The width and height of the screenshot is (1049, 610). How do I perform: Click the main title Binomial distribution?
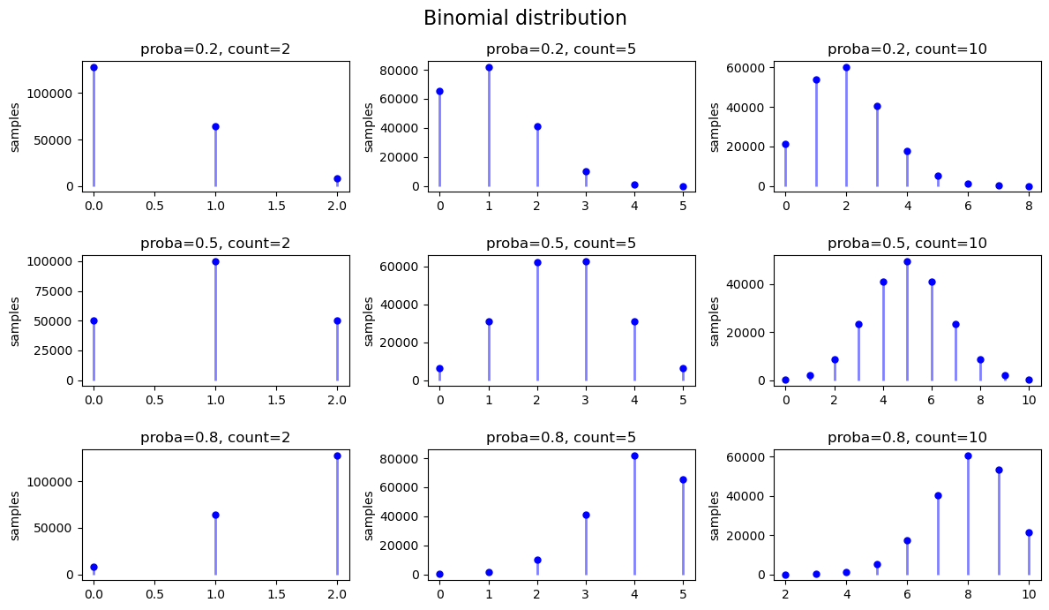pos(524,19)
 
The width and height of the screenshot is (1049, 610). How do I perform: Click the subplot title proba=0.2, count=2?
pos(215,49)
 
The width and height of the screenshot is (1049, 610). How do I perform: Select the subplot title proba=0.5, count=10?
pos(907,244)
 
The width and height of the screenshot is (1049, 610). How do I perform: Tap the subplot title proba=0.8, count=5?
pos(561,438)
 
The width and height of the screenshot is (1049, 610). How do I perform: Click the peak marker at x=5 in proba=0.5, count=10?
pos(907,261)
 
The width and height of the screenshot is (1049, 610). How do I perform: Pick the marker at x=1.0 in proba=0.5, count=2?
pos(215,261)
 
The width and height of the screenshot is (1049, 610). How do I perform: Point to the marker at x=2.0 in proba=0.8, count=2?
pos(337,456)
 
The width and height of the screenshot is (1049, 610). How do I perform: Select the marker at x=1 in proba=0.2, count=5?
pos(489,67)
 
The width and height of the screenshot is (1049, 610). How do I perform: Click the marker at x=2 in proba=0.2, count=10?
pos(846,67)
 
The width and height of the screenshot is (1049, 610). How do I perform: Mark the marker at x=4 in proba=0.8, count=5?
pos(634,456)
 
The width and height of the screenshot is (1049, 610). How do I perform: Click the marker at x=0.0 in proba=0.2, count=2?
pos(94,67)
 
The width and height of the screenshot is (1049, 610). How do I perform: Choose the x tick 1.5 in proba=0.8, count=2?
pos(276,593)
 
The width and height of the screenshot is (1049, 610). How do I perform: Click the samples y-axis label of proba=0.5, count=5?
pos(368,320)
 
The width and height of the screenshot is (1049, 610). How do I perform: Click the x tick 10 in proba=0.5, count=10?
pos(1029,399)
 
